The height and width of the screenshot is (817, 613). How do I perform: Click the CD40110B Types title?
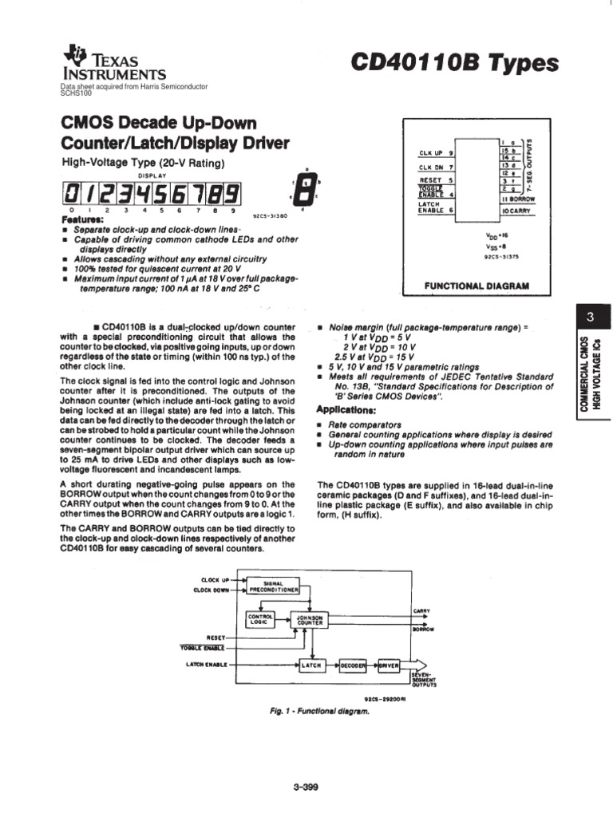(x=469, y=65)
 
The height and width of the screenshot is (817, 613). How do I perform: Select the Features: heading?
(x=82, y=219)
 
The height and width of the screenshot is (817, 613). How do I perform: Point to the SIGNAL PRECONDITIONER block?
(x=273, y=586)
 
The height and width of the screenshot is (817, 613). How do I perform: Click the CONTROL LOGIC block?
(x=261, y=619)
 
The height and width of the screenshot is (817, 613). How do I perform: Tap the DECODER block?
(x=353, y=664)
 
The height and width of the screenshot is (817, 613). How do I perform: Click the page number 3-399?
(x=306, y=788)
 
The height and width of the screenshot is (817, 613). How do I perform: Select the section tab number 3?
(x=590, y=318)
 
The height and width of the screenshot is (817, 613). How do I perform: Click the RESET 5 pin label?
(x=437, y=180)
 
